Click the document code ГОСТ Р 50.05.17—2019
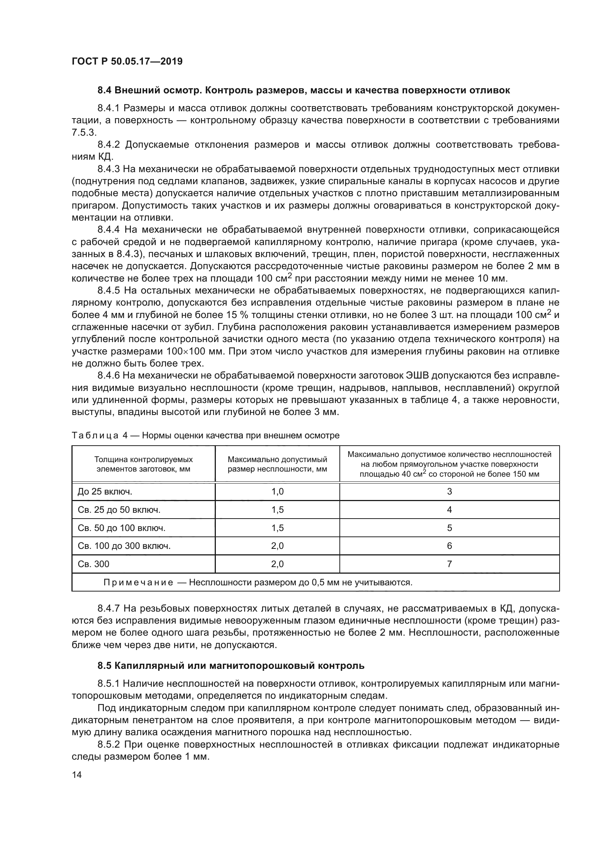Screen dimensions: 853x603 coord(127,61)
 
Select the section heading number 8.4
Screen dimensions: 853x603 coord(105,90)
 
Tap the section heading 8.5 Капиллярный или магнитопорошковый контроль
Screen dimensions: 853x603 coord(231,666)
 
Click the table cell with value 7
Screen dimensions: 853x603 coord(449,564)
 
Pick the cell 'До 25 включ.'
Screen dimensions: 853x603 coord(105,492)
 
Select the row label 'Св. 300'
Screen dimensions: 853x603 coord(94,564)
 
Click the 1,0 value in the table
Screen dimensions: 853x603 coord(277,492)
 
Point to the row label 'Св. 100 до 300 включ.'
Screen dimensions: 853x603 coord(124,546)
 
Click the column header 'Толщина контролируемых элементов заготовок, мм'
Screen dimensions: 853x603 coord(143,464)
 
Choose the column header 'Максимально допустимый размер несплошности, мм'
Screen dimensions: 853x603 coord(277,464)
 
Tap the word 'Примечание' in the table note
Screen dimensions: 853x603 coord(138,582)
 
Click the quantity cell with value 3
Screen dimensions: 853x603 coord(449,492)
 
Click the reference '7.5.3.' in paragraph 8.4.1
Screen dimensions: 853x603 coord(84,133)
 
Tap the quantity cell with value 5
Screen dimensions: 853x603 coord(449,528)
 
